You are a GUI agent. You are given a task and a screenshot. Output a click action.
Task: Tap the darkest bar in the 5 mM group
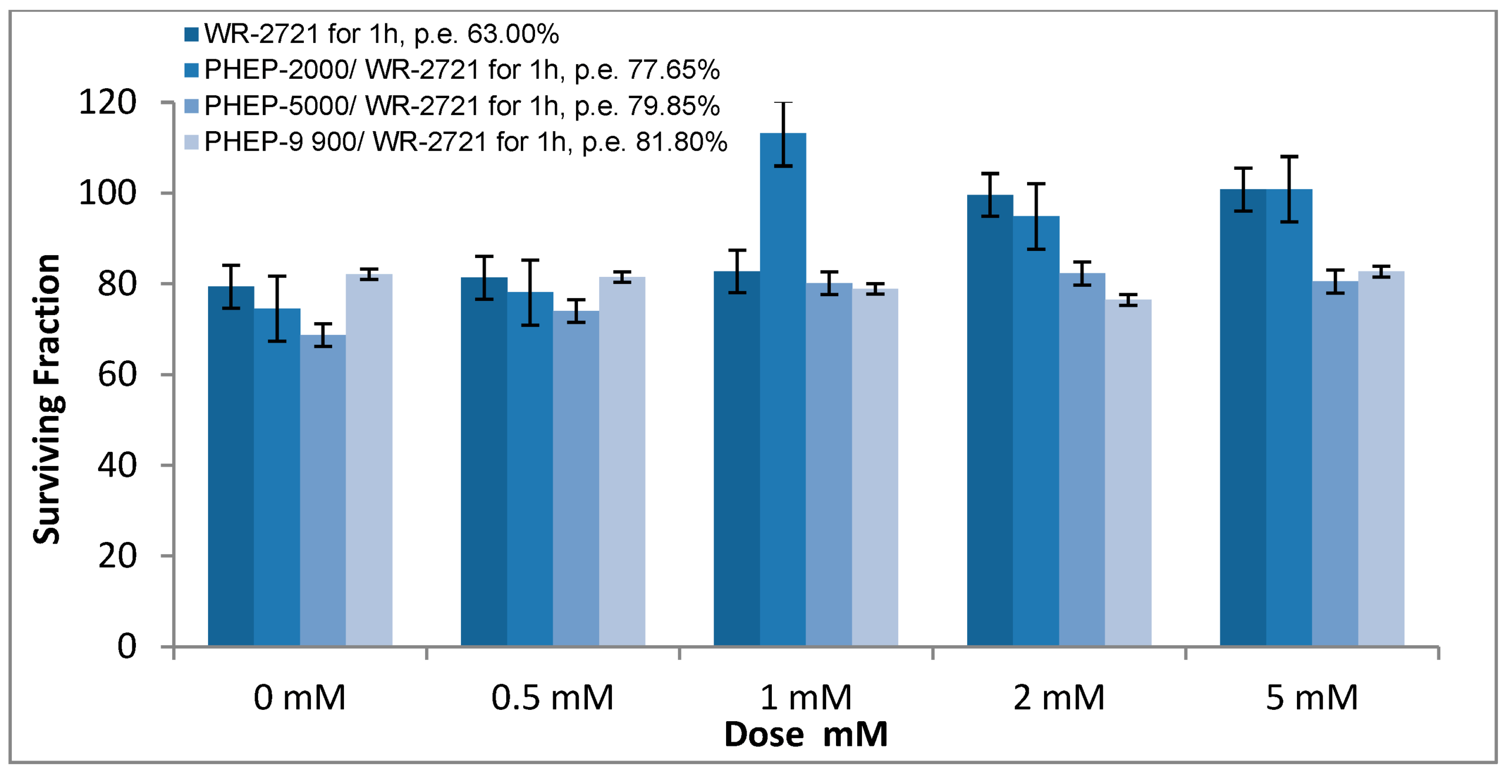point(1243,417)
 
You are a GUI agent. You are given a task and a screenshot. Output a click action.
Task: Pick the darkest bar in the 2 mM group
point(990,420)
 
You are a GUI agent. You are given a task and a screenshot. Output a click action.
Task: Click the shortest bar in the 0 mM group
point(323,490)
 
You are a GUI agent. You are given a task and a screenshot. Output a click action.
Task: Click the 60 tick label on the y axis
point(117,374)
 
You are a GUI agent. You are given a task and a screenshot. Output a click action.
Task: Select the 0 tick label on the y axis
point(126,646)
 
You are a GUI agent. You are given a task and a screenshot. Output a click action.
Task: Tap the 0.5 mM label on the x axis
point(552,698)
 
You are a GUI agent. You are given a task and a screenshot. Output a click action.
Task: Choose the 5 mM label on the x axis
point(1312,698)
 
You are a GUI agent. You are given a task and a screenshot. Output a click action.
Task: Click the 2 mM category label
point(1059,698)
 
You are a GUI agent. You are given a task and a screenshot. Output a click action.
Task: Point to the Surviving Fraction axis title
point(47,400)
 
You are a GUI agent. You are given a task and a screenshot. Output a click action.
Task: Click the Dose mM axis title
point(805,735)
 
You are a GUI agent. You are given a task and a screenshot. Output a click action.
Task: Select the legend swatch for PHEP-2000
point(192,70)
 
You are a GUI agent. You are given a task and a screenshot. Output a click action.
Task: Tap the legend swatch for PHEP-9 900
point(192,142)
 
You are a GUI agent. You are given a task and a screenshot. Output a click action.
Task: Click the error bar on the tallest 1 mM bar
point(783,134)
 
